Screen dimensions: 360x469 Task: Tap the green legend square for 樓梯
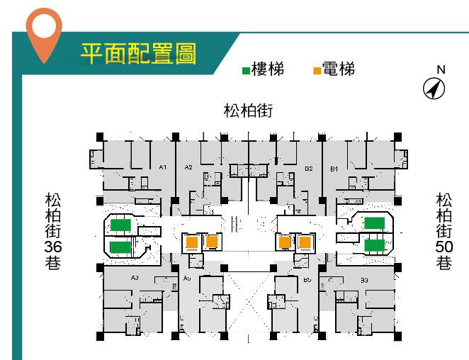(246, 71)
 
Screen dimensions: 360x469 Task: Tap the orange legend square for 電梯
(317, 71)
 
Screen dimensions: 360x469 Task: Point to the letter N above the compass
(441, 69)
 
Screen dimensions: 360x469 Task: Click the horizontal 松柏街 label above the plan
(248, 111)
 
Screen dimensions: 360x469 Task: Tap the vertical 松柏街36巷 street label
(52, 231)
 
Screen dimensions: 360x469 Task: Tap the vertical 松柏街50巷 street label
(444, 231)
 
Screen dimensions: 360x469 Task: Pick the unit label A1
(162, 167)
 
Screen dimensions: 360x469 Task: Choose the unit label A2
(188, 167)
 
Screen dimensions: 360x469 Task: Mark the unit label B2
(309, 168)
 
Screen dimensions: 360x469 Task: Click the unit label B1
(334, 168)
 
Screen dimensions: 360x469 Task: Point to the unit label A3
(135, 279)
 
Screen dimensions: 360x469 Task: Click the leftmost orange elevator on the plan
(192, 242)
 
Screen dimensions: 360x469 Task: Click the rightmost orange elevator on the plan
(305, 242)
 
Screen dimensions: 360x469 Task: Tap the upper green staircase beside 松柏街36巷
(120, 225)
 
